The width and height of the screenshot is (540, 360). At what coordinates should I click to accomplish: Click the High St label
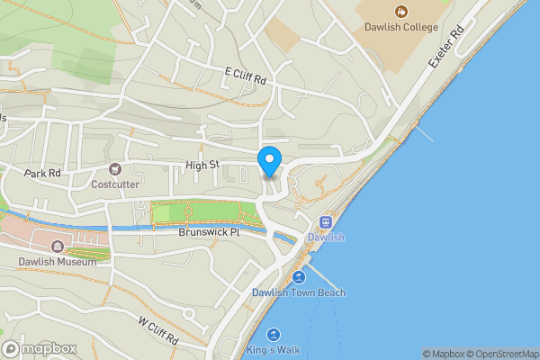(202, 165)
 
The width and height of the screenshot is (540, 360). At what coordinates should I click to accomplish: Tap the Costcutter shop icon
(114, 169)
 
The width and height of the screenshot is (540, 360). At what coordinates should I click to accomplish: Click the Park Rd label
(42, 173)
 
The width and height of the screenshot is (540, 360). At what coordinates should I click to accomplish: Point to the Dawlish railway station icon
(325, 222)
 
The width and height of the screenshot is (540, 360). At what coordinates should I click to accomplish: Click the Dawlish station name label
(325, 238)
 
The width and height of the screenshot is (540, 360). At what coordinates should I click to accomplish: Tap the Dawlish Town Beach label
(299, 292)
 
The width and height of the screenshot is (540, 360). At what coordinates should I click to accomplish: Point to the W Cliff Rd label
(158, 331)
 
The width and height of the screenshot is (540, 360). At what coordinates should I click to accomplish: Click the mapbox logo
(40, 348)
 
